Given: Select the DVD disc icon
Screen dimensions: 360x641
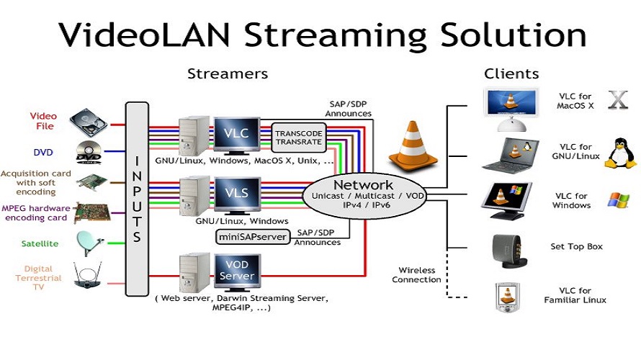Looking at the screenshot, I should (x=89, y=153).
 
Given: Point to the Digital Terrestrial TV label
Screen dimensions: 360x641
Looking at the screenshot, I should (x=38, y=278).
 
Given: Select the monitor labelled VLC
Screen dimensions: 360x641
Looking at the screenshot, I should (x=236, y=135).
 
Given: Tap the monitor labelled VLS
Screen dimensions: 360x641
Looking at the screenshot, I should (x=236, y=194).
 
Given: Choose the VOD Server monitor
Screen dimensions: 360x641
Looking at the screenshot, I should (x=236, y=271).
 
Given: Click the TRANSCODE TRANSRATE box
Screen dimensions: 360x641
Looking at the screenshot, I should (x=298, y=137).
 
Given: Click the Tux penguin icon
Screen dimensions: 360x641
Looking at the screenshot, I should (x=619, y=153).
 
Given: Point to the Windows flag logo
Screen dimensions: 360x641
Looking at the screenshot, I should (x=618, y=200).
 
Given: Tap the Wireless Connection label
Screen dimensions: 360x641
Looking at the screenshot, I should (x=416, y=275).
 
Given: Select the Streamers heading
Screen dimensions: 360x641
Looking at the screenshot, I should (x=228, y=73).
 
